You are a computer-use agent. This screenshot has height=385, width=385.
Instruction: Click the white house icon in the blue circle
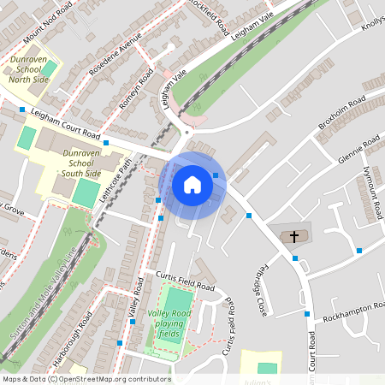point(192,185)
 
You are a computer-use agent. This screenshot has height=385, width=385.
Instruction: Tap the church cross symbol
point(295,235)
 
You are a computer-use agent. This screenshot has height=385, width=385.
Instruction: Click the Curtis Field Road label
point(185,281)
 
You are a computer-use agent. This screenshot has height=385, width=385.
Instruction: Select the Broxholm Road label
point(342,113)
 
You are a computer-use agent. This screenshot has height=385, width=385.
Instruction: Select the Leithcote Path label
point(115,179)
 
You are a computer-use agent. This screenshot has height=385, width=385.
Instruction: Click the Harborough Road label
point(80,335)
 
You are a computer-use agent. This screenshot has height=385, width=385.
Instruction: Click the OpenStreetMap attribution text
point(86,379)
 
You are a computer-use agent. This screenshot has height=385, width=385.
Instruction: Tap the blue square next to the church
point(295,258)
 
